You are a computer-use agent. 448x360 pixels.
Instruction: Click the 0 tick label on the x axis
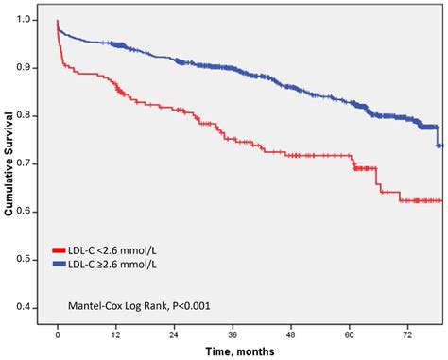[x=58, y=334]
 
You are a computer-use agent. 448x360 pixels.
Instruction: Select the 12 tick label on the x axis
[x=116, y=334]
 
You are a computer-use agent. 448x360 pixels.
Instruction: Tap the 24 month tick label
[x=175, y=334]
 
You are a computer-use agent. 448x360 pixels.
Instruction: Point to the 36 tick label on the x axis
[x=233, y=334]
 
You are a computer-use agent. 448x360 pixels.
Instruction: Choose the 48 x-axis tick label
[x=292, y=334]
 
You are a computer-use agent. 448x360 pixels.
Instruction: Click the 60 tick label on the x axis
[x=351, y=334]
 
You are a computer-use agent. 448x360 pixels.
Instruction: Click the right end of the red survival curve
[x=441, y=200]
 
